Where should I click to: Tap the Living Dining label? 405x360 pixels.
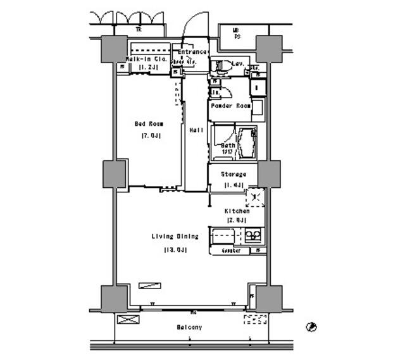click(x=175, y=237)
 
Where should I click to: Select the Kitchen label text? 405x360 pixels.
click(x=236, y=211)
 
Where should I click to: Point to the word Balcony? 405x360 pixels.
click(x=189, y=327)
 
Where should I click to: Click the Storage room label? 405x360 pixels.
click(x=233, y=174)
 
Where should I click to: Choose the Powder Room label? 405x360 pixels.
click(x=235, y=106)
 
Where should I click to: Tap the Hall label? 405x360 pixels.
click(x=196, y=130)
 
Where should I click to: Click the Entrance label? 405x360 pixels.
click(x=193, y=52)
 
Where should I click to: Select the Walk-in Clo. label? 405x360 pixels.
click(x=146, y=59)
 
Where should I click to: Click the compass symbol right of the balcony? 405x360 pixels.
click(x=311, y=327)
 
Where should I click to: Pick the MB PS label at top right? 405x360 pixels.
click(x=235, y=33)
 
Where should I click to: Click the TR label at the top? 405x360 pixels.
click(x=137, y=30)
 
